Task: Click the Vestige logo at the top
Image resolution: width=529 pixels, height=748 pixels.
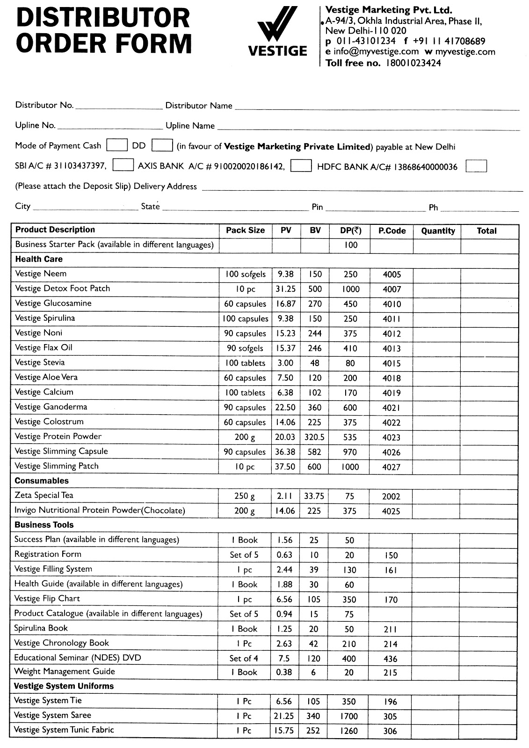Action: tap(277, 32)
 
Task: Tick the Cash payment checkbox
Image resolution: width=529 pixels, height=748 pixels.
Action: tap(116, 145)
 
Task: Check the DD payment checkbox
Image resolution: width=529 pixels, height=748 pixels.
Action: tap(162, 145)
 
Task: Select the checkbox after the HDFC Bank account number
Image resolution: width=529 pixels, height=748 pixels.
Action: tap(476, 166)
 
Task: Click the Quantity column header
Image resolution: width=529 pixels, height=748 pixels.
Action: tap(438, 231)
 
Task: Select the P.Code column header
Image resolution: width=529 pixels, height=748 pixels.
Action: tap(392, 231)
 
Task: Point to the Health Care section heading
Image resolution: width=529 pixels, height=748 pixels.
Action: tap(39, 259)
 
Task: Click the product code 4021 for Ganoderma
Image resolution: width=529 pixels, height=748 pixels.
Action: tap(391, 408)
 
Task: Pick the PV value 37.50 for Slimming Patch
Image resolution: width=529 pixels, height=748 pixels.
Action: tap(285, 467)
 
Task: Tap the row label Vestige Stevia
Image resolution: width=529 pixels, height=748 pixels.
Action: tap(40, 362)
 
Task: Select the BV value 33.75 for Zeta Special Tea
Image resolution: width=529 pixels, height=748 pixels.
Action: tap(314, 496)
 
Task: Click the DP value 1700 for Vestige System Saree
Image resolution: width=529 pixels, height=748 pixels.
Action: tap(349, 716)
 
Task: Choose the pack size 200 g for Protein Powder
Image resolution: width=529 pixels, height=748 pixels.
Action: tap(245, 437)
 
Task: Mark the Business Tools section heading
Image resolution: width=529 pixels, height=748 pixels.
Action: tap(44, 525)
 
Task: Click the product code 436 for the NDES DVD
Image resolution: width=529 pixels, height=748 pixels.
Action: tap(390, 659)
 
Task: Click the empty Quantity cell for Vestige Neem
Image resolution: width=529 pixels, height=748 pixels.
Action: tap(437, 274)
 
